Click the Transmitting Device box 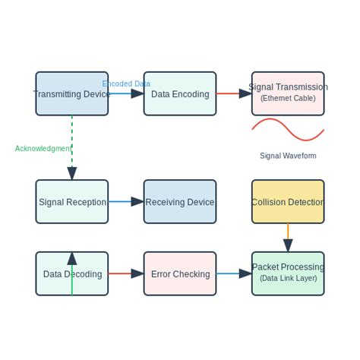click(x=71, y=93)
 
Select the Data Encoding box click(x=179, y=93)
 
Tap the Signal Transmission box click(x=288, y=93)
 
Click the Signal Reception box click(x=71, y=201)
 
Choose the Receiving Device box click(x=179, y=201)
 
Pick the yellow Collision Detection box click(x=288, y=201)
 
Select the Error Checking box click(x=179, y=273)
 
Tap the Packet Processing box click(x=288, y=267)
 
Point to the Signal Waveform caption click(x=288, y=156)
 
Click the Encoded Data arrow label click(x=126, y=84)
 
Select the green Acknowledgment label click(x=43, y=148)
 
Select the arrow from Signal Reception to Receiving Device click(x=125, y=201)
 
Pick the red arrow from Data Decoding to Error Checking click(x=125, y=273)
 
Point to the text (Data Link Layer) click(x=288, y=278)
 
